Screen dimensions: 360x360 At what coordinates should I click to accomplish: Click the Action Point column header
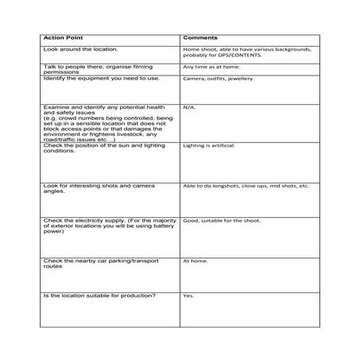click(x=65, y=38)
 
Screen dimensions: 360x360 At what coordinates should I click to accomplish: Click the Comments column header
click(x=202, y=38)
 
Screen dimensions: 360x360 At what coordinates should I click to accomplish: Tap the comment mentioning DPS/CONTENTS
click(x=246, y=52)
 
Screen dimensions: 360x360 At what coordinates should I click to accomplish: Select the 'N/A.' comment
click(x=189, y=106)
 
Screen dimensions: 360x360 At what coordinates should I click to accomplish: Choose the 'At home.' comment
click(x=195, y=260)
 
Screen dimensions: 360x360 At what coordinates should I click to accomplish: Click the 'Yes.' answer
click(x=188, y=296)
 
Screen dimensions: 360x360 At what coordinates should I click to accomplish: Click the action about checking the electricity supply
click(x=103, y=226)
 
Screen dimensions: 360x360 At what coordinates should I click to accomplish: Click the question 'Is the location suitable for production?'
click(x=99, y=296)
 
